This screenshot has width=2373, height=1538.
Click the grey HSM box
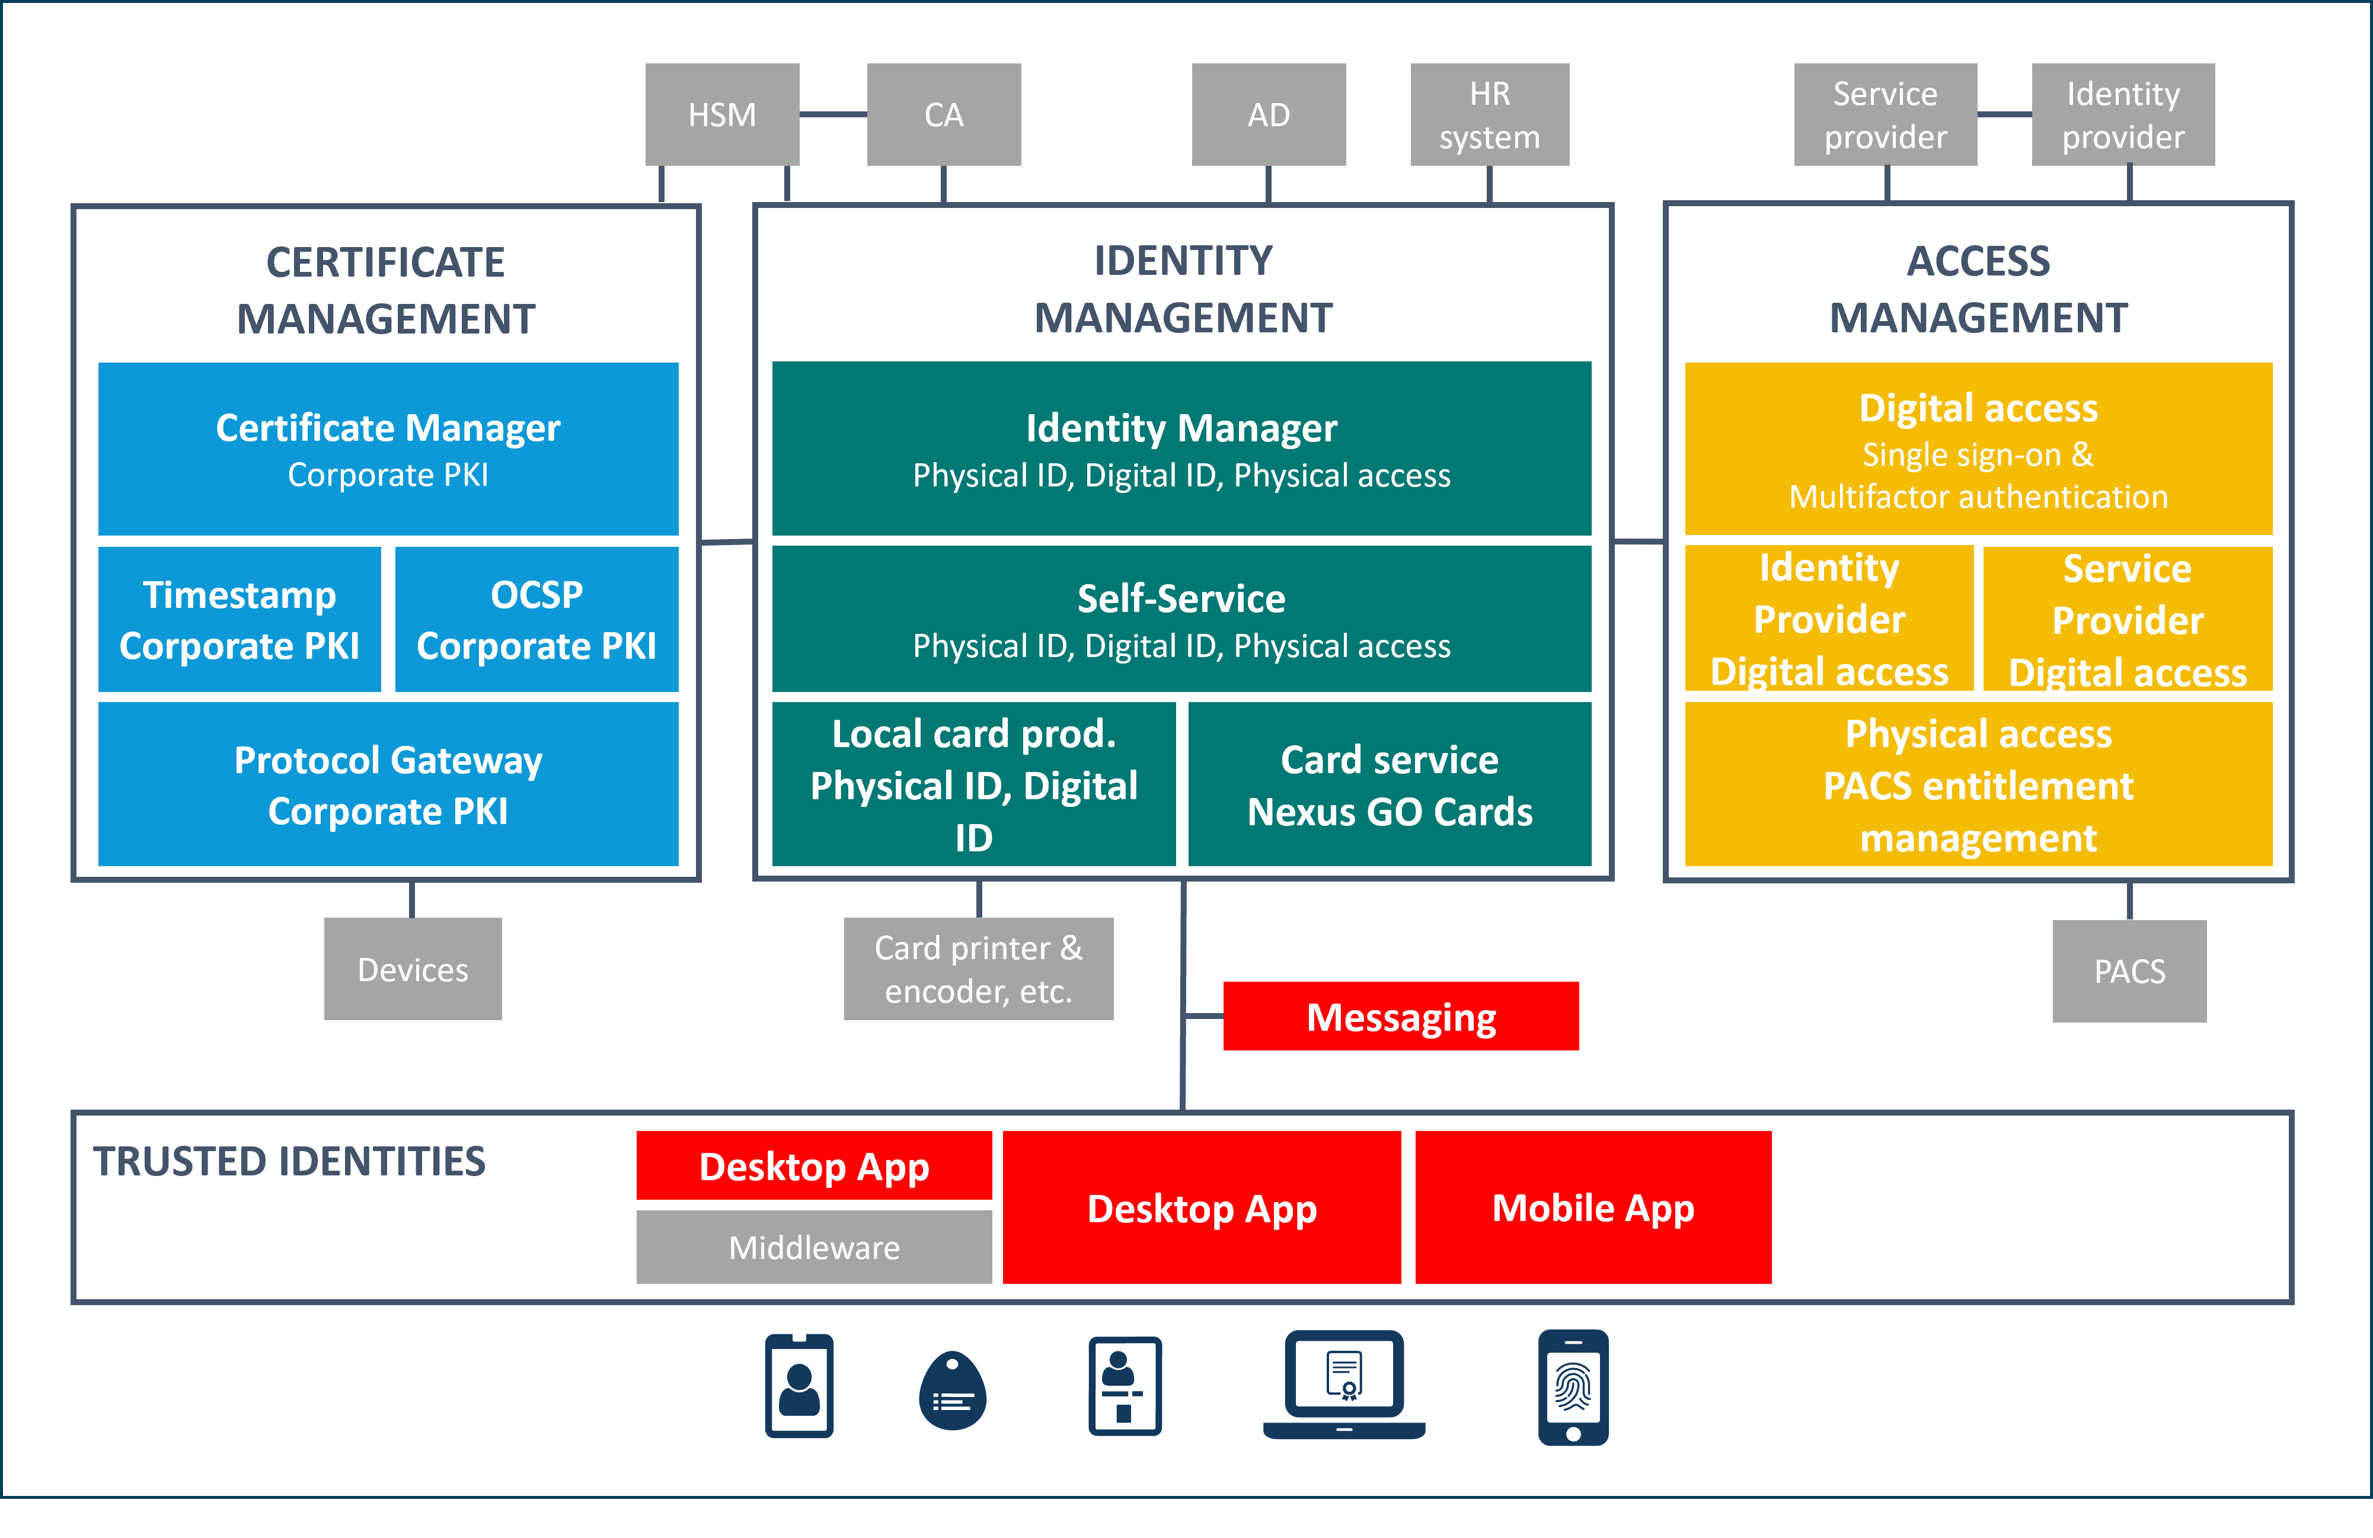pos(722,114)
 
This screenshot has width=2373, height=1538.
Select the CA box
pos(943,114)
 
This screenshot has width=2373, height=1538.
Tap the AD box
pos(1268,114)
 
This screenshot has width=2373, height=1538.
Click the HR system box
pos(1489,114)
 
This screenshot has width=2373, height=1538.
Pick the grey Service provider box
pos(1885,114)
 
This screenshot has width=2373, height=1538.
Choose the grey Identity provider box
pos(2123,114)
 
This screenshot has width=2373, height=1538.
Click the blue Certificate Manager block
pos(388,448)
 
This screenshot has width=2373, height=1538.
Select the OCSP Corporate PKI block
pos(536,619)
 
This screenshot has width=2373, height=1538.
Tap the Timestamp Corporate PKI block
pos(239,619)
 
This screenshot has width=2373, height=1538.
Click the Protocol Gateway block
pos(388,784)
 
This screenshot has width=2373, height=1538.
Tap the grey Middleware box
pos(813,1247)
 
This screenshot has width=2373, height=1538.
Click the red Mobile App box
pos(1592,1207)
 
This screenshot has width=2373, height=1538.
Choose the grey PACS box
pos(2129,971)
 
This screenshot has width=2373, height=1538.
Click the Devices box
pos(413,969)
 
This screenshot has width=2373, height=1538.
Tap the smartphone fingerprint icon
pos(1572,1386)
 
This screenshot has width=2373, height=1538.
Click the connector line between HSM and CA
pos(832,114)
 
